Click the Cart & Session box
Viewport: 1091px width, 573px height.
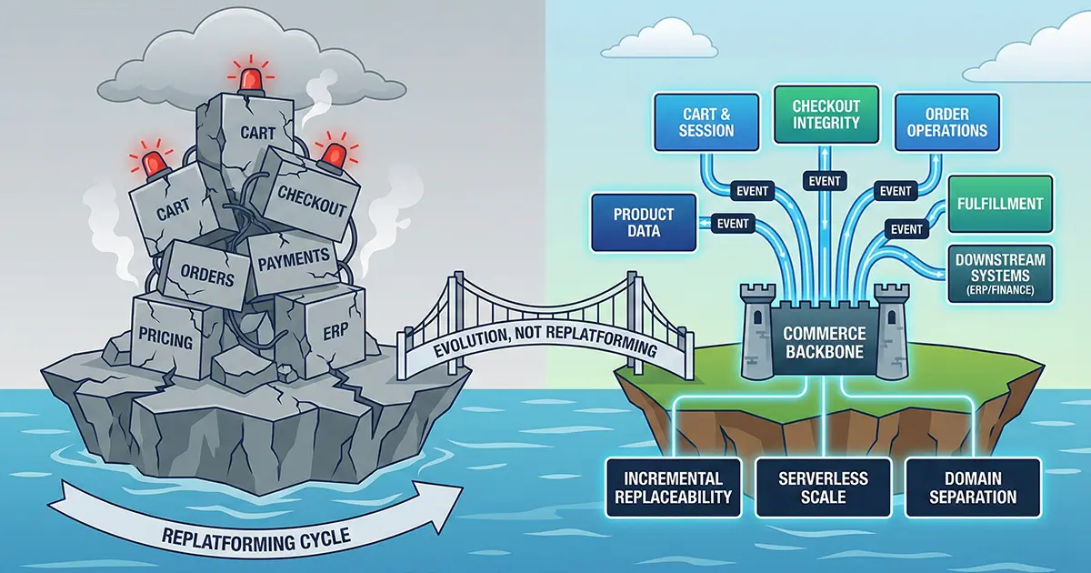tap(707, 122)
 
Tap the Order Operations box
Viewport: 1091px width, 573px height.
tap(946, 122)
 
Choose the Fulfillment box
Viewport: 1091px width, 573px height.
tap(1000, 206)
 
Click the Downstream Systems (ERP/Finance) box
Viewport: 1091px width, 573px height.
tap(1000, 273)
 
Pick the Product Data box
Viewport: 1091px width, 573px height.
tap(643, 224)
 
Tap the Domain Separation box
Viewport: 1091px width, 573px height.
tap(972, 488)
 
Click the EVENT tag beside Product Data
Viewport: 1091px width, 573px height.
tap(733, 224)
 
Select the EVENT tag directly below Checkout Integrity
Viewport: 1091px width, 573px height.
tap(825, 181)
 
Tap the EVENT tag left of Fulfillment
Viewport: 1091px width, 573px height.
tap(906, 229)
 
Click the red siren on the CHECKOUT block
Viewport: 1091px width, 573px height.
tap(335, 154)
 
